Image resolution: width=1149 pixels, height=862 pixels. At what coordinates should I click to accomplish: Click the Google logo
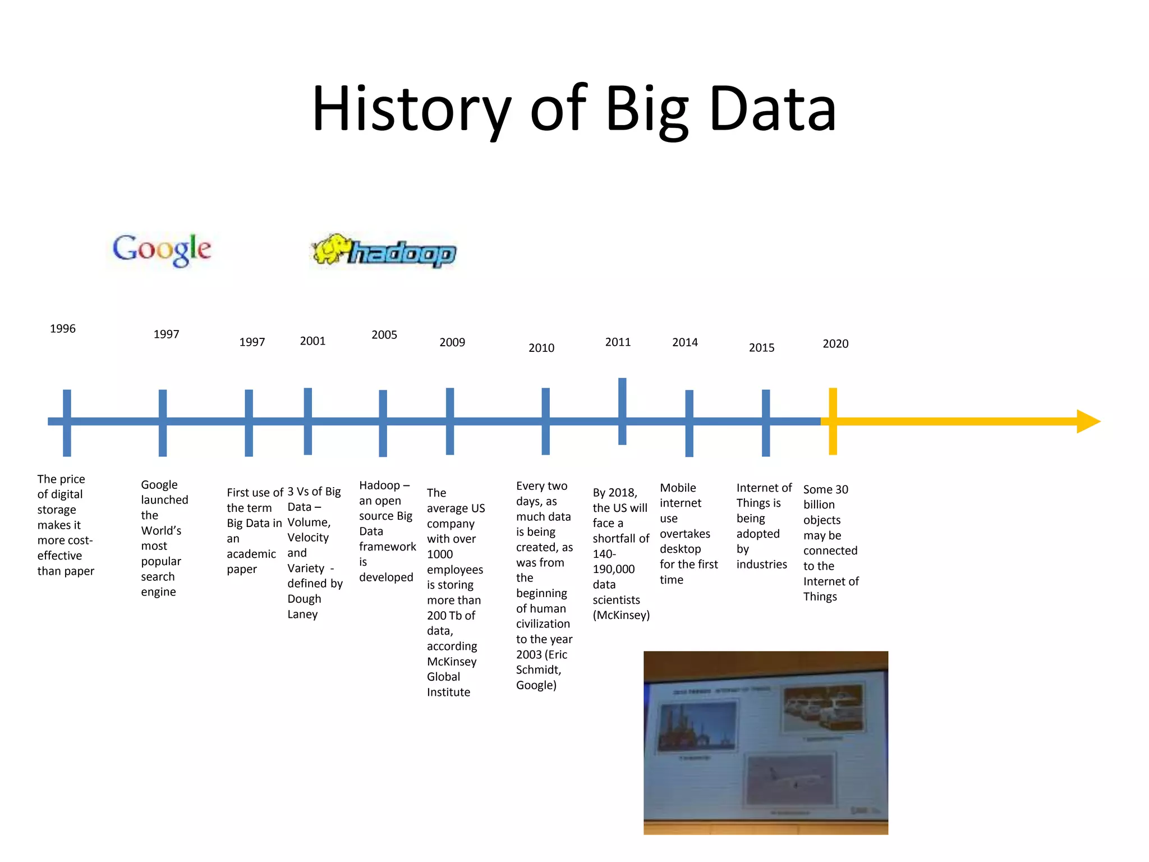point(162,249)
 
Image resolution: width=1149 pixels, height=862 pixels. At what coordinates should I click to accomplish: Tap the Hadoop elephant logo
point(384,251)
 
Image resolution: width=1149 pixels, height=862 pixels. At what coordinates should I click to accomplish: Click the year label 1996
point(62,329)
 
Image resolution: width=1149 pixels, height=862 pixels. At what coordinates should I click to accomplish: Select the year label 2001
point(312,341)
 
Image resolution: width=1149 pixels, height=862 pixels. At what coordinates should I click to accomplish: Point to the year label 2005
point(384,335)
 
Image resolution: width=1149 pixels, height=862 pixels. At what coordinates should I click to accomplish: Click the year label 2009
point(452,342)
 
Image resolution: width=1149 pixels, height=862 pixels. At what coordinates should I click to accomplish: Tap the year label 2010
point(541,348)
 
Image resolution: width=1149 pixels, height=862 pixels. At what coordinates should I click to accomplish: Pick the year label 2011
point(618,342)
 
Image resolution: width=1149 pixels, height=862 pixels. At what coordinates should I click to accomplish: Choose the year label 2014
point(685,342)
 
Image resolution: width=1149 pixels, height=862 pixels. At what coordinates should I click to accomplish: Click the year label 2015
point(761,348)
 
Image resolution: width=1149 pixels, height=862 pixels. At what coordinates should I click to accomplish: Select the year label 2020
point(835,344)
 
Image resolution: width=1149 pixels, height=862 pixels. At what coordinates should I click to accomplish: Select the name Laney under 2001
point(302,615)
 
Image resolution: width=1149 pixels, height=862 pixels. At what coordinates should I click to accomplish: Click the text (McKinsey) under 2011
point(621,615)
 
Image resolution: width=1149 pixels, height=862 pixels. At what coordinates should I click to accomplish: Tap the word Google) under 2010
point(536,685)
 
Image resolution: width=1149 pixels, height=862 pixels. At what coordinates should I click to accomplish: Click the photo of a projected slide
point(765,742)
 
